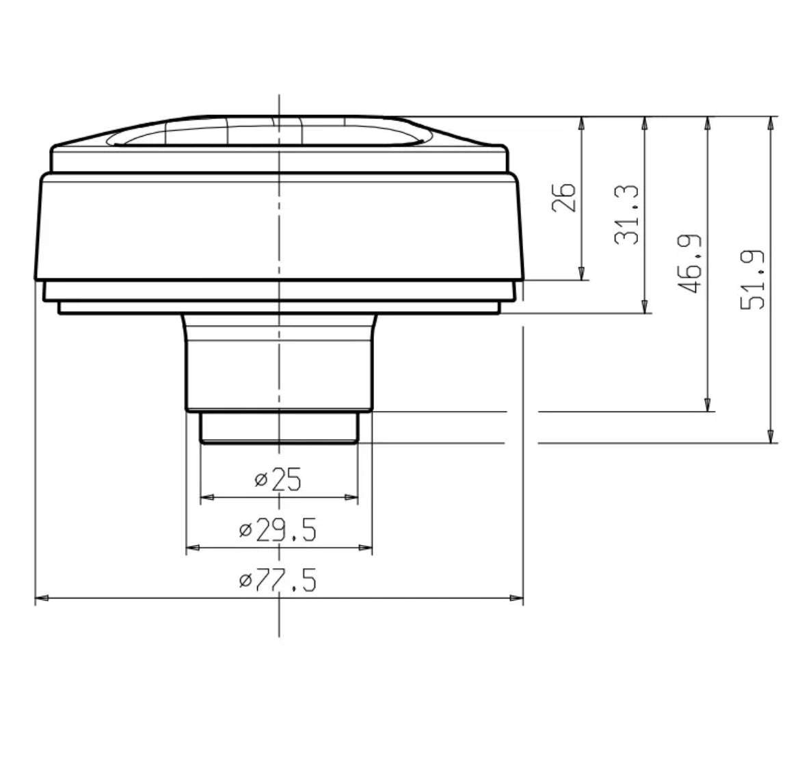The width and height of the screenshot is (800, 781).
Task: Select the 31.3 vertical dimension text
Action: click(x=626, y=215)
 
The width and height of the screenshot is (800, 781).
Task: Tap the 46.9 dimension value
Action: click(x=691, y=264)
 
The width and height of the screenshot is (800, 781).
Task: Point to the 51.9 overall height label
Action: click(x=753, y=280)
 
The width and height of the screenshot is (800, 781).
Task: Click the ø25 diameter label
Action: click(x=278, y=480)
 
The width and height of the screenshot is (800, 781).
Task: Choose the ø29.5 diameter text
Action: click(x=278, y=530)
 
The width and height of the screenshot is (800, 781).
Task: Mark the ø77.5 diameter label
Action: click(x=278, y=581)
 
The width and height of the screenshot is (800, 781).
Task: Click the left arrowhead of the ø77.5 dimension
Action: click(x=41, y=599)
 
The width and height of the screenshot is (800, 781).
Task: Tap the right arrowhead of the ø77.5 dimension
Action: click(x=517, y=599)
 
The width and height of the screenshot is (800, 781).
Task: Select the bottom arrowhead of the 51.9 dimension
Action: click(x=771, y=436)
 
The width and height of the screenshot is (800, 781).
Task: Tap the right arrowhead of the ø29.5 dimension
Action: click(x=366, y=548)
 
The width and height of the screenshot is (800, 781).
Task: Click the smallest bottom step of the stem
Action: click(x=278, y=427)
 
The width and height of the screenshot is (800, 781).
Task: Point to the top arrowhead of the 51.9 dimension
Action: click(x=771, y=123)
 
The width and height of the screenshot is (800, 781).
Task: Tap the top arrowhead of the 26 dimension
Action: click(x=581, y=123)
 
